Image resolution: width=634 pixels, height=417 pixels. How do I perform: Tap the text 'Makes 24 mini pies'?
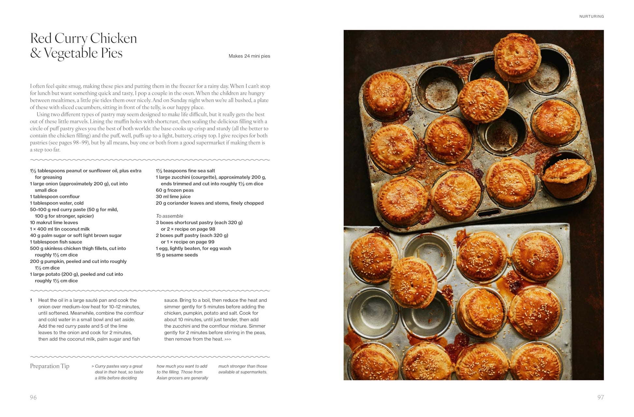249,56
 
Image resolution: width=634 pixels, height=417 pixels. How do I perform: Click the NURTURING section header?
591,16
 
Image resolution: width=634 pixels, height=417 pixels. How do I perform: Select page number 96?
33,397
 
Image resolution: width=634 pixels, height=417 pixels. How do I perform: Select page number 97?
600,397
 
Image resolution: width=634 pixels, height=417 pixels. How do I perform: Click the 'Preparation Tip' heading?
50,366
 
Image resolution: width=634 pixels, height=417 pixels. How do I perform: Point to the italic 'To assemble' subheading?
169,216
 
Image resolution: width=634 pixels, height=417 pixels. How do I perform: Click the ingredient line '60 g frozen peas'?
175,190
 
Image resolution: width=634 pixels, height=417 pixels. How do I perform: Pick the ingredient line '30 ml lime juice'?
173,196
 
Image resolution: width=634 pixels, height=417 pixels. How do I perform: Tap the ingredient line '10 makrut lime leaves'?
54,223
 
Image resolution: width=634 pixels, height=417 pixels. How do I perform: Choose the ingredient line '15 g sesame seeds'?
177,255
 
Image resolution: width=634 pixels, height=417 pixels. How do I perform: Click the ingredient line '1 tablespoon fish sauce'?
56,242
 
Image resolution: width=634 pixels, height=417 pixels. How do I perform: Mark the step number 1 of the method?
31,300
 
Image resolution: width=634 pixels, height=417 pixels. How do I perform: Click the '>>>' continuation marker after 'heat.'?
228,339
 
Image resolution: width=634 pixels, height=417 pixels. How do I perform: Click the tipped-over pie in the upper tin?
566,176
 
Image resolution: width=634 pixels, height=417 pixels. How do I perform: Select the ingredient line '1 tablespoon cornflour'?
55,196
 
